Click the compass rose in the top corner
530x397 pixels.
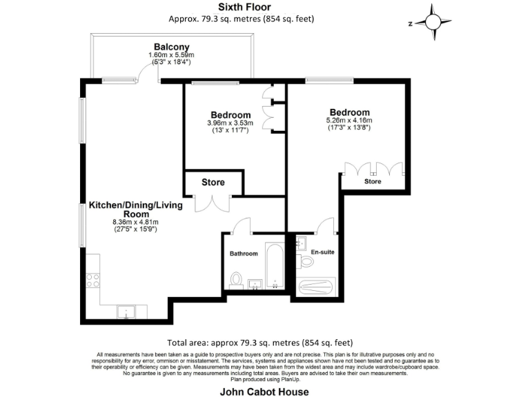433,22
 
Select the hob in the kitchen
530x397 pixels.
92,281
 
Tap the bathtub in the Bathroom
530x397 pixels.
275,265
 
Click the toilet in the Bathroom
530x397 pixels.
235,279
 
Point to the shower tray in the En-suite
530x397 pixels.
315,286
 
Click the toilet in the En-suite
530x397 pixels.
306,262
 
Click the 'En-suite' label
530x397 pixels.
322,252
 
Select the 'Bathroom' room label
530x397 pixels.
244,254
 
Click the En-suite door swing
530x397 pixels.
325,225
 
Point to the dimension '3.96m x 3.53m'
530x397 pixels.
230,123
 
